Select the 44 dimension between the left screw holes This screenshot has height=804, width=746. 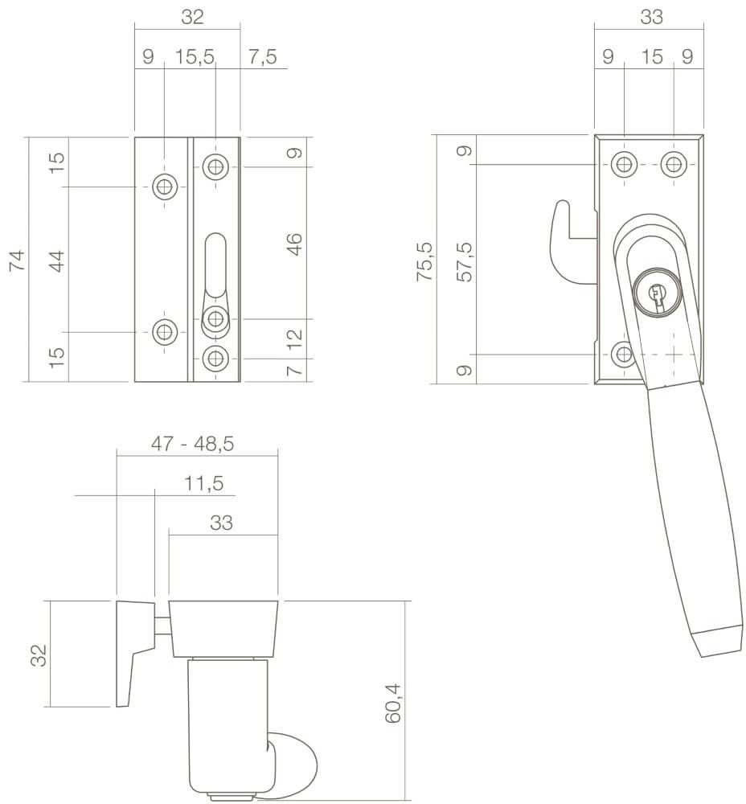pyautogui.click(x=56, y=260)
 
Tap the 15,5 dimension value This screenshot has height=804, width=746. pyautogui.click(x=190, y=57)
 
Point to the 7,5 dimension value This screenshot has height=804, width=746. pyautogui.click(x=263, y=57)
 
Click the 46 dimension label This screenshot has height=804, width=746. pyautogui.click(x=295, y=244)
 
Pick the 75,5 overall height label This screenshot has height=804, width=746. pyautogui.click(x=425, y=260)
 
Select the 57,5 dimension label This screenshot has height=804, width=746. pyautogui.click(x=464, y=260)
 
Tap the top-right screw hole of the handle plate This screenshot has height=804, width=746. pyautogui.click(x=674, y=165)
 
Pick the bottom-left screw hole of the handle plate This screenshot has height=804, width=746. pyautogui.click(x=623, y=354)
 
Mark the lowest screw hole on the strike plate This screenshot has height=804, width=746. pyautogui.click(x=214, y=358)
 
